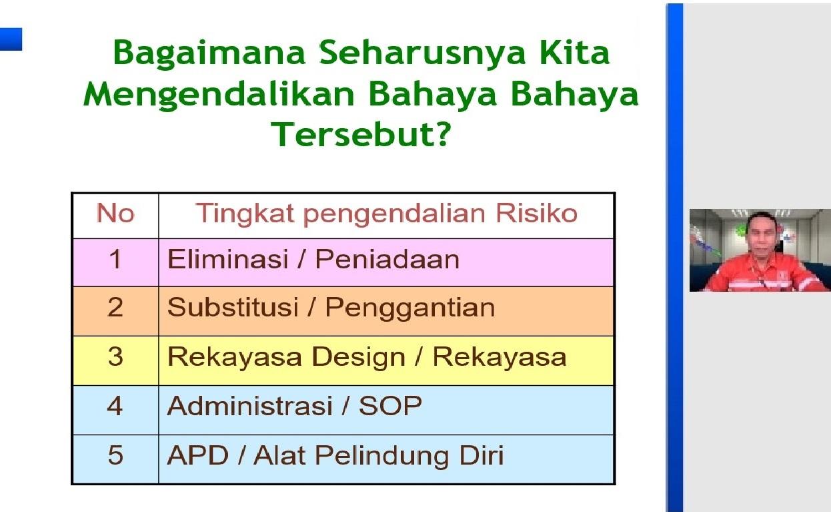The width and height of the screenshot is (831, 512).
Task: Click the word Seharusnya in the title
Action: [423, 54]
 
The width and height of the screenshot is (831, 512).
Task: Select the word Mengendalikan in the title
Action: [219, 95]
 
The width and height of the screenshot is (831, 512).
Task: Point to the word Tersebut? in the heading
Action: [361, 134]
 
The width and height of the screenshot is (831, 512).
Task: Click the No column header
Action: [115, 213]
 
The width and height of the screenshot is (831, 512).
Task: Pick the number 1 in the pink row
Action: [115, 259]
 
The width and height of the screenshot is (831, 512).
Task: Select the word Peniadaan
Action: [387, 259]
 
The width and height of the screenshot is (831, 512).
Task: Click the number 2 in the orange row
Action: [115, 307]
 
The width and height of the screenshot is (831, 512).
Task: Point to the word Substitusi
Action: [233, 307]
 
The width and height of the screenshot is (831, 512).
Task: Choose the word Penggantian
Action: [410, 308]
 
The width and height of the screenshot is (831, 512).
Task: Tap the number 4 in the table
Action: [115, 406]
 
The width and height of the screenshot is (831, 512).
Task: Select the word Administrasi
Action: [249, 405]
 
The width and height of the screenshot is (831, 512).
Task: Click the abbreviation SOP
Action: [390, 405]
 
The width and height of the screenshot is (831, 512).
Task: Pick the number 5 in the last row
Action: [115, 455]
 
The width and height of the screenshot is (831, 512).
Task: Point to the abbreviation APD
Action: [197, 455]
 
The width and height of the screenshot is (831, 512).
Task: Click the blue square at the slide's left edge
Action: [11, 39]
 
